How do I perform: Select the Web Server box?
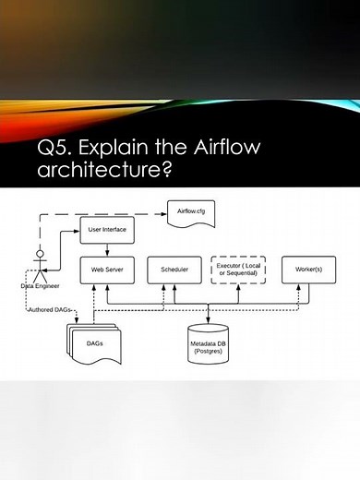pos(108,270)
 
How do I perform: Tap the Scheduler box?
pos(174,270)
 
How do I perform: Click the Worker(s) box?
pos(307,270)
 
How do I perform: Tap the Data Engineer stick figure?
pos(40,264)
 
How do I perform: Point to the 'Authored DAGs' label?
pos(48,309)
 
